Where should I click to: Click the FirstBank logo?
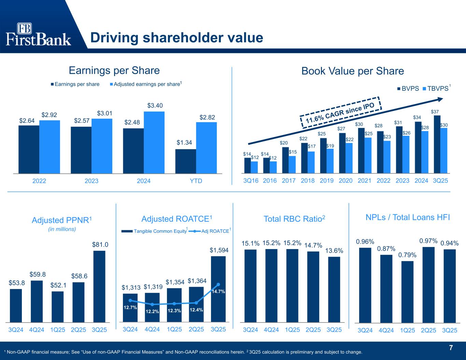point(39,34)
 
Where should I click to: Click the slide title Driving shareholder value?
point(176,38)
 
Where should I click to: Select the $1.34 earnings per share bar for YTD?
point(185,161)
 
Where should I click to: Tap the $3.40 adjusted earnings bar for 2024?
point(154,142)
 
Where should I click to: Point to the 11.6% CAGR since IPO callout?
point(340,111)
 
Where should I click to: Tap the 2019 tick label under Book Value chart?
point(327,181)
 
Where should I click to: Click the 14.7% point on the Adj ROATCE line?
point(218,284)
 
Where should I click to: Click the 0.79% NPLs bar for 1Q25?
point(407,291)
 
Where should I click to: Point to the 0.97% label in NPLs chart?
point(428,241)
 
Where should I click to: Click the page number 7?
point(451,348)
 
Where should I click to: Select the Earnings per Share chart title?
point(114,71)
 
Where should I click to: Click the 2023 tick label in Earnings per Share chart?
point(91,181)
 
